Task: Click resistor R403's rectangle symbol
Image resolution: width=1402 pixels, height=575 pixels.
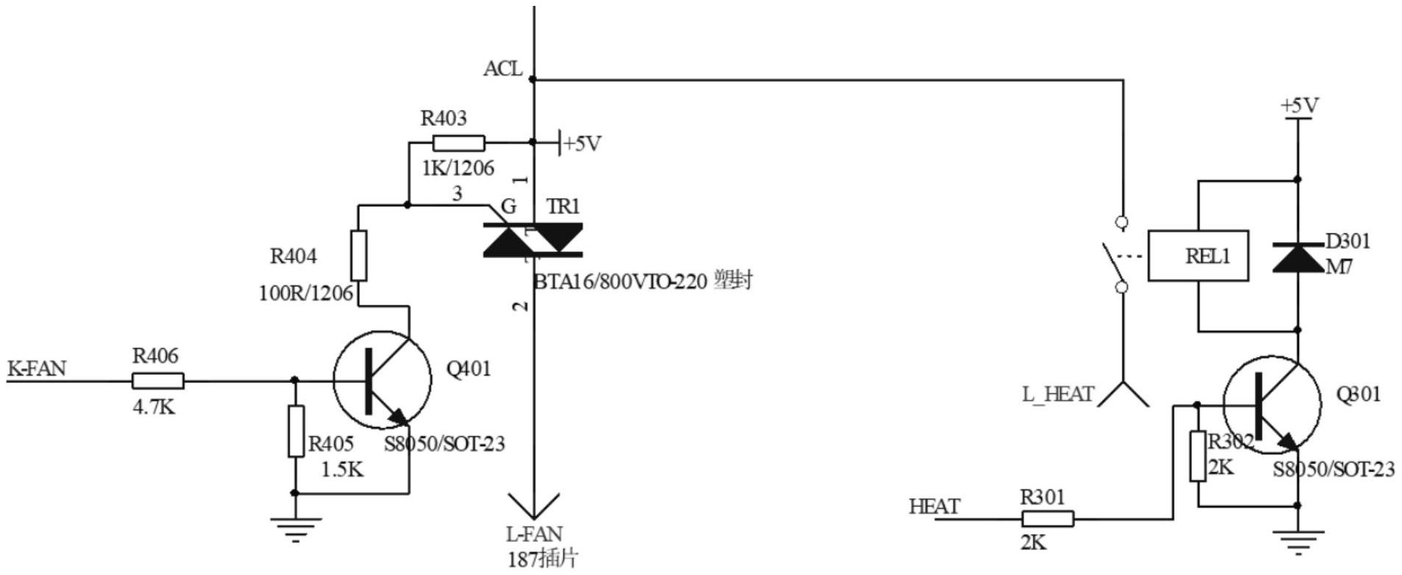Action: tap(459, 143)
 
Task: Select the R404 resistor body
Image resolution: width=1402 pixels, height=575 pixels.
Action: tap(359, 255)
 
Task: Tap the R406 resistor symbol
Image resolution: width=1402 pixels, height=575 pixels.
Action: tap(158, 381)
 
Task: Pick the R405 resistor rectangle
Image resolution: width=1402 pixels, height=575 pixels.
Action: tap(295, 431)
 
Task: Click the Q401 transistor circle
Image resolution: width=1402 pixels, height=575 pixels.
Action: tap(381, 380)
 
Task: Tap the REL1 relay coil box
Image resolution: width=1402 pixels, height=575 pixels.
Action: tap(1199, 256)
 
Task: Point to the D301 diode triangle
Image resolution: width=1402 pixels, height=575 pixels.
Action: tap(1297, 257)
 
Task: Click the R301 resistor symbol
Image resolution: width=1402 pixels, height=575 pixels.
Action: tap(1048, 519)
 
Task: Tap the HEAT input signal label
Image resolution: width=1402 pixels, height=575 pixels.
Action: tap(934, 507)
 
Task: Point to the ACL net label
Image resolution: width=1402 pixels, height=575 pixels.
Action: tap(503, 68)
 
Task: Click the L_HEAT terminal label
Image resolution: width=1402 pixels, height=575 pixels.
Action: tap(1057, 395)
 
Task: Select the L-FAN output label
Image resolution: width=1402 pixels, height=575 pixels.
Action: tap(534, 534)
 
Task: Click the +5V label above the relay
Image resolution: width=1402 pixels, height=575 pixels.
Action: tap(1300, 106)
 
